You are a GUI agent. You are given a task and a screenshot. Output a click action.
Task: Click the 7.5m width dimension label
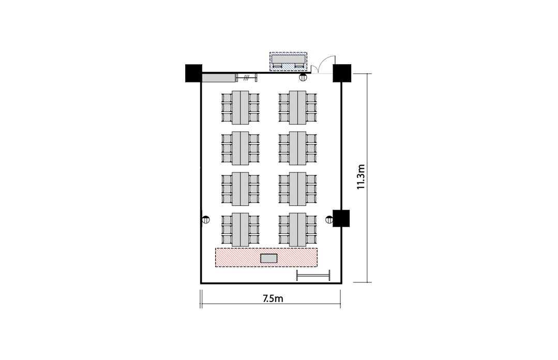tap(273, 298)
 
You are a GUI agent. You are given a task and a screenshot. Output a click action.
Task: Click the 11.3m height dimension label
tap(361, 176)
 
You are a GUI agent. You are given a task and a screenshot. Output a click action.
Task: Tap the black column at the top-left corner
tap(193, 73)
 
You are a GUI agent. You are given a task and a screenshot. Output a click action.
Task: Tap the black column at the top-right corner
tap(342, 73)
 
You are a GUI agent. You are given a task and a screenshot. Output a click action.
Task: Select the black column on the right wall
tap(341, 218)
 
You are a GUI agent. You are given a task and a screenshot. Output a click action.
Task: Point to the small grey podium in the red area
tap(269, 258)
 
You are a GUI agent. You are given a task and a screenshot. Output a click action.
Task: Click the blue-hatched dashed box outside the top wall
tap(288, 62)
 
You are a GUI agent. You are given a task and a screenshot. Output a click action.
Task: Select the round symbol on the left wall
tap(206, 220)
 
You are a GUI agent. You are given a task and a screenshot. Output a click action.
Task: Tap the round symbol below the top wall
tap(303, 77)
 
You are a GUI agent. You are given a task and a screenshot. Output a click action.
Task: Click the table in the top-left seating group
tap(240, 108)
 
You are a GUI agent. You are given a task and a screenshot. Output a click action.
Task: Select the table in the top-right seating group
tap(297, 108)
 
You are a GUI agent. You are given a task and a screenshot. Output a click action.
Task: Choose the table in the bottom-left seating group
tap(240, 230)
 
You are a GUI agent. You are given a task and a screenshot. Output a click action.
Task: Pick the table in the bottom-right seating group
tap(297, 230)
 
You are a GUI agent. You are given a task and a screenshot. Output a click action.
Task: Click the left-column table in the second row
tap(240, 148)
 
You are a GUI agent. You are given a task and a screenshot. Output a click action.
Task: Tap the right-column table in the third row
tap(297, 189)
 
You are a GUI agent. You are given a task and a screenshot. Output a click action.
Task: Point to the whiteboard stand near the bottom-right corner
tap(313, 275)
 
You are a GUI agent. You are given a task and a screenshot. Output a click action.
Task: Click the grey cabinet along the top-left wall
tap(219, 78)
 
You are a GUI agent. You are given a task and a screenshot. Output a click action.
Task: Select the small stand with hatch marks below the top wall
tap(246, 77)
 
